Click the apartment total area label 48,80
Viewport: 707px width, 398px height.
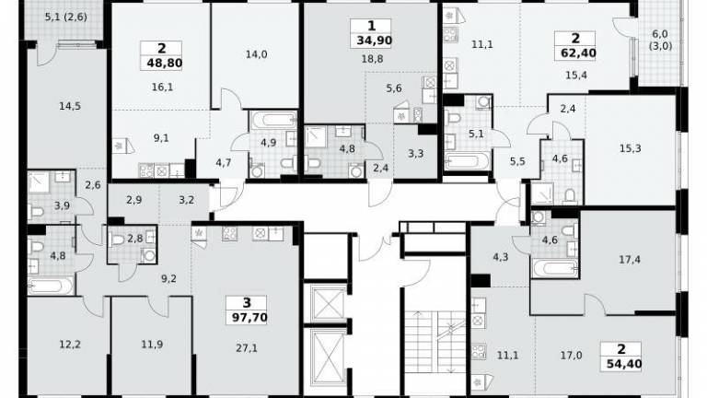click(165, 63)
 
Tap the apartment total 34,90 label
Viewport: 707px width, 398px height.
click(375, 41)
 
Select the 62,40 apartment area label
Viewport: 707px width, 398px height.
click(578, 53)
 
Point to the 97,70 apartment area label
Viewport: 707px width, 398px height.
click(249, 318)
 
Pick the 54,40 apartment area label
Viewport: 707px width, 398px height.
click(624, 364)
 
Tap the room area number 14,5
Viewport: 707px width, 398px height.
click(70, 107)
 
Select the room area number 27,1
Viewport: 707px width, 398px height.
click(247, 348)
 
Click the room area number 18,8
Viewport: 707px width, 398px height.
click(372, 59)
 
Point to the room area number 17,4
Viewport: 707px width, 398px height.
click(630, 260)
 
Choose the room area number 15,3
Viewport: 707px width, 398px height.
click(630, 148)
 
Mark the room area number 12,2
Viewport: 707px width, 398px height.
click(70, 345)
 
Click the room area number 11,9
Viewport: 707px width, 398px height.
click(152, 345)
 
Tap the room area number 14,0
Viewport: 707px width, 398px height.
click(256, 54)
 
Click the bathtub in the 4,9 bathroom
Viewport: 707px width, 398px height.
click(273, 121)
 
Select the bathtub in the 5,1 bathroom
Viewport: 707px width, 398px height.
click(467, 161)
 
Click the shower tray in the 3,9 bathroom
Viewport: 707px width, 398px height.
click(39, 182)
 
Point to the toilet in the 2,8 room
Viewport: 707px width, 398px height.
click(117, 240)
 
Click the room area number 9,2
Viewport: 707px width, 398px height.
click(168, 279)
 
